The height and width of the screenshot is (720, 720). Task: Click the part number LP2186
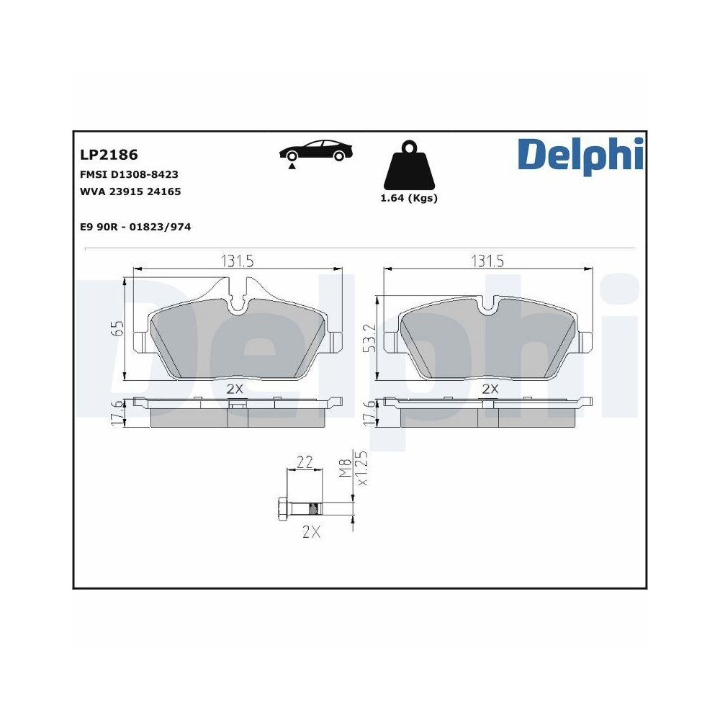[109, 155]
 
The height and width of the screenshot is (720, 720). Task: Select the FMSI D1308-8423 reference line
[129, 175]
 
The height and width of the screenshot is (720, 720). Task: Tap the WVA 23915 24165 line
[130, 192]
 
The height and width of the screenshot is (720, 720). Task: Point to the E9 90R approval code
[135, 227]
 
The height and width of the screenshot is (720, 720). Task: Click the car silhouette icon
[317, 152]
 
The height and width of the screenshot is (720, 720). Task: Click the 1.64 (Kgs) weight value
[409, 199]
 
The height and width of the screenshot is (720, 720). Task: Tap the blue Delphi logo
[580, 154]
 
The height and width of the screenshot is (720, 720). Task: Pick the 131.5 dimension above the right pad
[487, 261]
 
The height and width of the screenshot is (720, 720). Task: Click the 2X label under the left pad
[236, 389]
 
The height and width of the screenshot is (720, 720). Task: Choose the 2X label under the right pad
[490, 389]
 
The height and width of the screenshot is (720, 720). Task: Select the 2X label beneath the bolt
[311, 533]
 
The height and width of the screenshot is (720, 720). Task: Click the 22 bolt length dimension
[305, 462]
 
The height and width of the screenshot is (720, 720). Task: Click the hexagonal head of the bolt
[282, 510]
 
